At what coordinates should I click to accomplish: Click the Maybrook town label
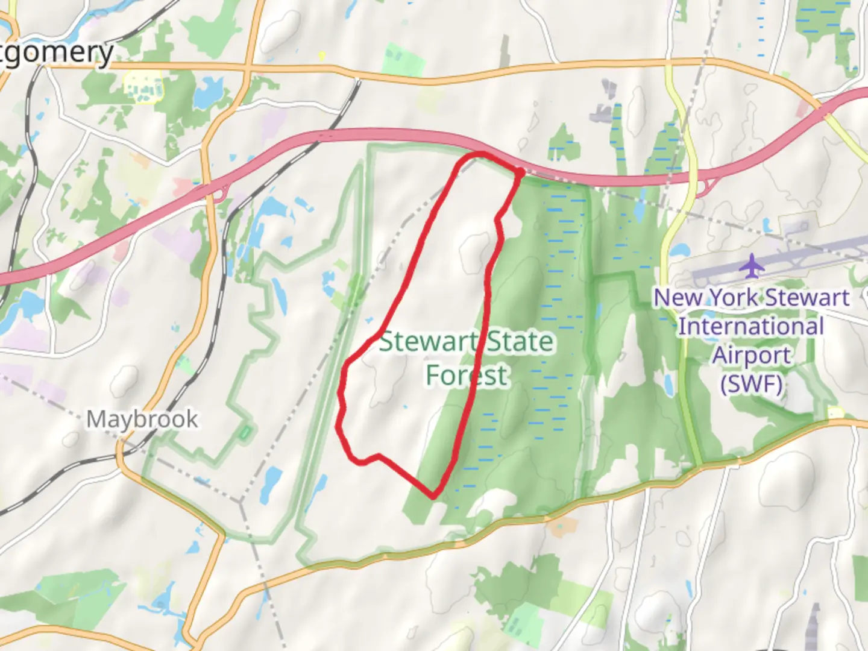click(142, 419)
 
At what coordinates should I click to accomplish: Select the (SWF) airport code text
click(751, 383)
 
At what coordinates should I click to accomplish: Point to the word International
click(751, 327)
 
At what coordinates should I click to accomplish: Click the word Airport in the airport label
click(751, 355)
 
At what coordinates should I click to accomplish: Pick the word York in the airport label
click(735, 297)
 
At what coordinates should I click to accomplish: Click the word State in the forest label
click(520, 342)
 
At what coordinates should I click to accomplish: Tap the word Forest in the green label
click(467, 375)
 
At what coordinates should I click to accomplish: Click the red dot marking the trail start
click(519, 173)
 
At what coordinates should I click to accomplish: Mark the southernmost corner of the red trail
click(433, 497)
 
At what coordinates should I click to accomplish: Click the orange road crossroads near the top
click(248, 64)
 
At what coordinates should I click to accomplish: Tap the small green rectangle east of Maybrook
click(245, 432)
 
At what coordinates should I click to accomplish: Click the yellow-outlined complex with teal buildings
click(142, 86)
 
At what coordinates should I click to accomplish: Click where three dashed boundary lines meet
click(241, 500)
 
